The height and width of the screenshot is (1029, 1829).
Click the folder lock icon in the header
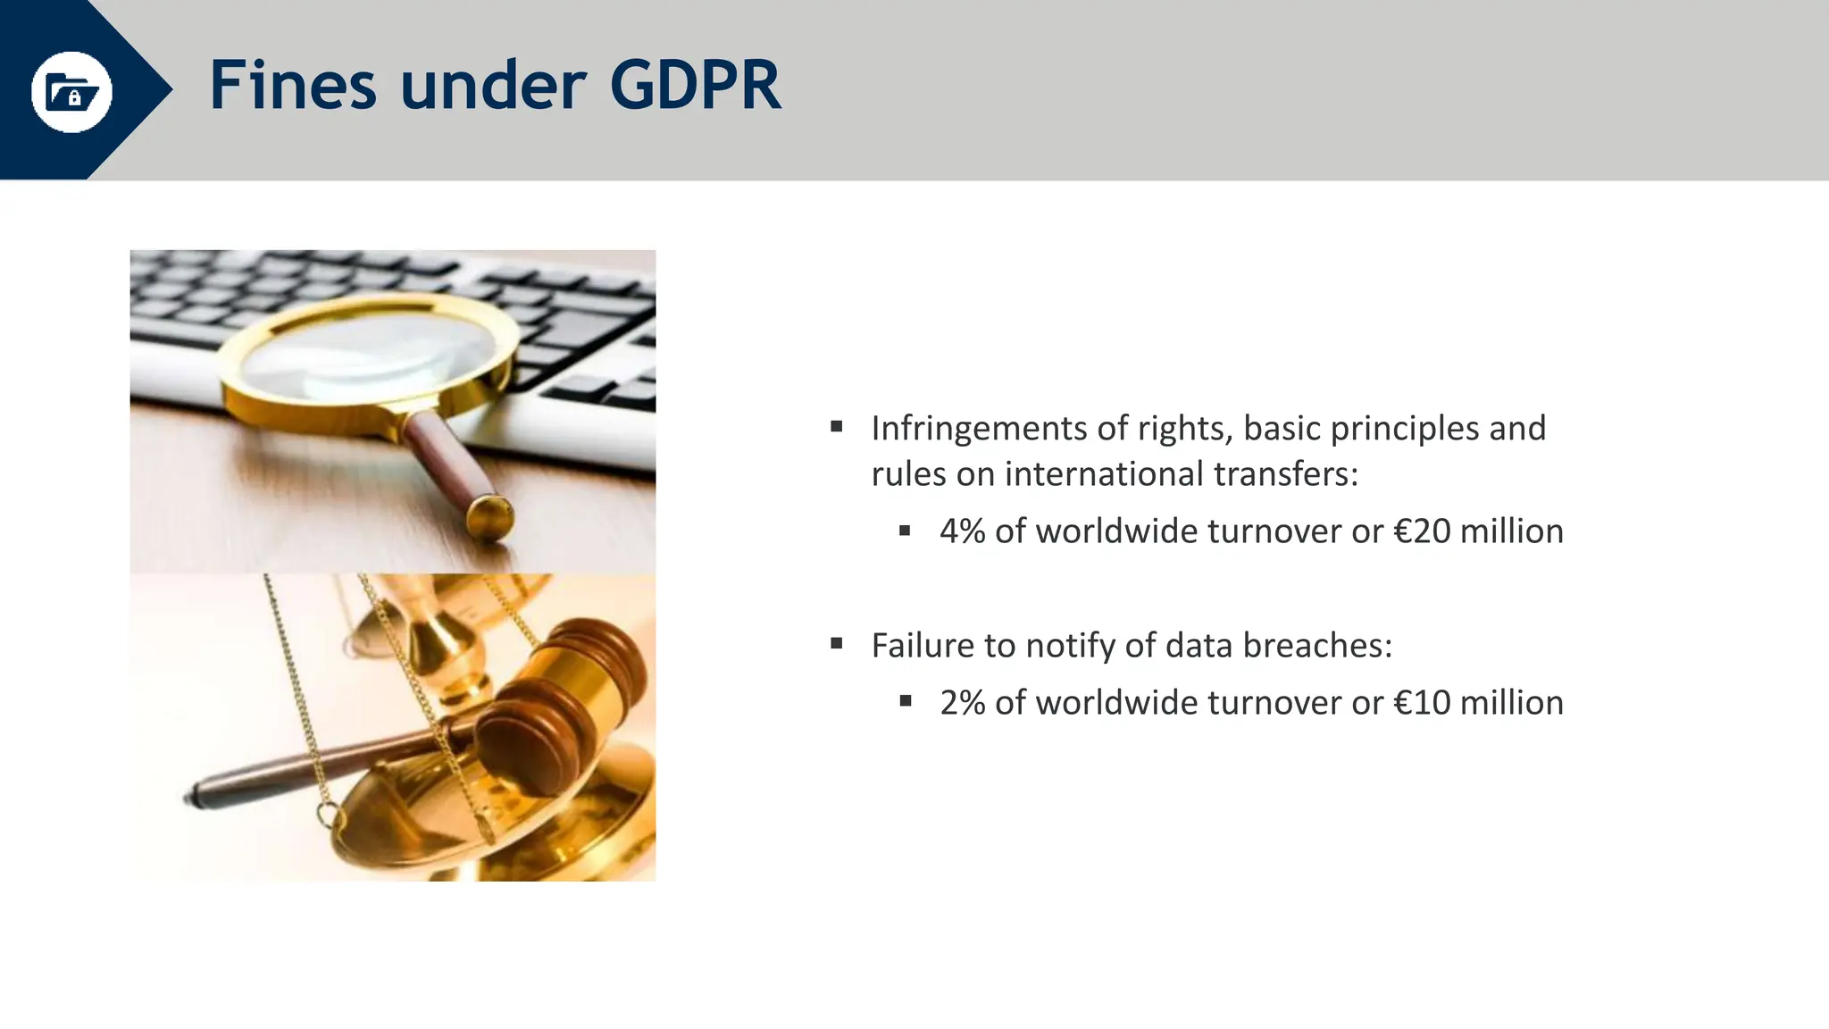click(x=71, y=91)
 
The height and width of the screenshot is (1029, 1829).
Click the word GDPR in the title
click(x=695, y=86)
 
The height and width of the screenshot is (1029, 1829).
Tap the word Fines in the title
click(x=293, y=86)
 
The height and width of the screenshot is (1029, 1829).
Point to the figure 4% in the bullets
click(x=962, y=531)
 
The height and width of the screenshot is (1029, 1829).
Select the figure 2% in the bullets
click(x=962, y=703)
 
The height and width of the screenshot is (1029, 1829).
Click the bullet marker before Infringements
click(x=837, y=427)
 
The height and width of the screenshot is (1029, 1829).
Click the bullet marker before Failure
click(x=837, y=643)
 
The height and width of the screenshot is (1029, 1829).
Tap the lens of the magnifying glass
click(x=366, y=357)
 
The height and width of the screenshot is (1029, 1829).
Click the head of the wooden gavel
click(x=563, y=706)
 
